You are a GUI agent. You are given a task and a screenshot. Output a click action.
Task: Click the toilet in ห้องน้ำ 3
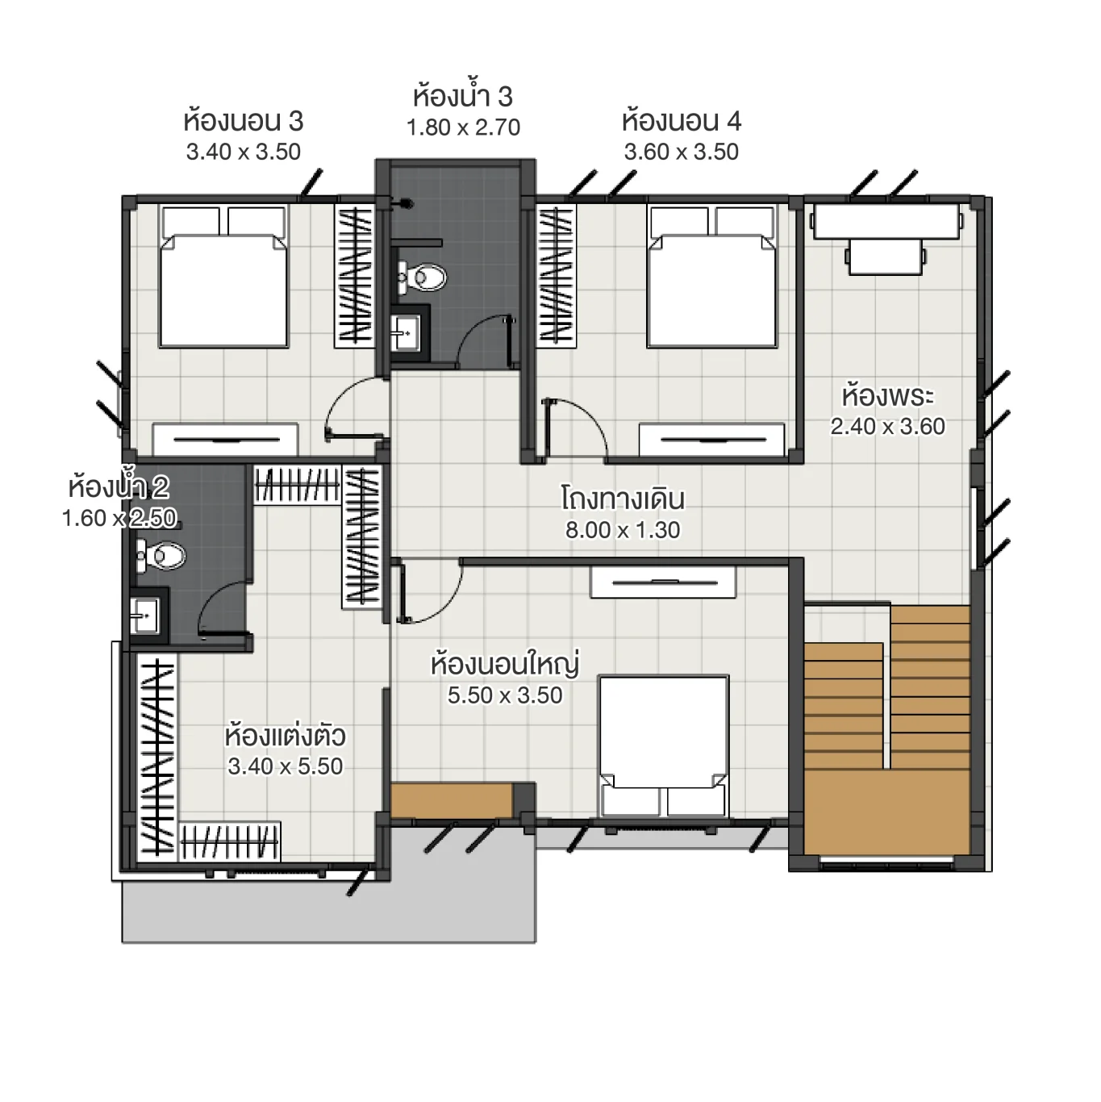tap(423, 278)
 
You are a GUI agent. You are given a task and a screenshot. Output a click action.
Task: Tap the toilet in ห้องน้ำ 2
tap(162, 555)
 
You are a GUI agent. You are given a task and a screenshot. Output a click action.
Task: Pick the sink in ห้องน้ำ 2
tap(145, 617)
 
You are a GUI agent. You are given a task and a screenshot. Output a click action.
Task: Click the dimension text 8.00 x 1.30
tap(623, 530)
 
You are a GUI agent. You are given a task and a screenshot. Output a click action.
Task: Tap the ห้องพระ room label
tap(887, 396)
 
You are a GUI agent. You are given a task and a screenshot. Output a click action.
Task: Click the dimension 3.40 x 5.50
tap(286, 766)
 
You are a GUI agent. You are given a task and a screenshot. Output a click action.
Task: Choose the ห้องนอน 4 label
tap(681, 121)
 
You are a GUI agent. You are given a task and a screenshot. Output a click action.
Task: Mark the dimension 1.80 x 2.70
tap(463, 127)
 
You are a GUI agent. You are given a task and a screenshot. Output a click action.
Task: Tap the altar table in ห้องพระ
tap(886, 222)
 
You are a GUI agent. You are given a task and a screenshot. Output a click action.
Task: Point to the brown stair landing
tap(887, 811)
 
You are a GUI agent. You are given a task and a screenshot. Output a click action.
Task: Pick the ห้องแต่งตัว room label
tap(286, 736)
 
